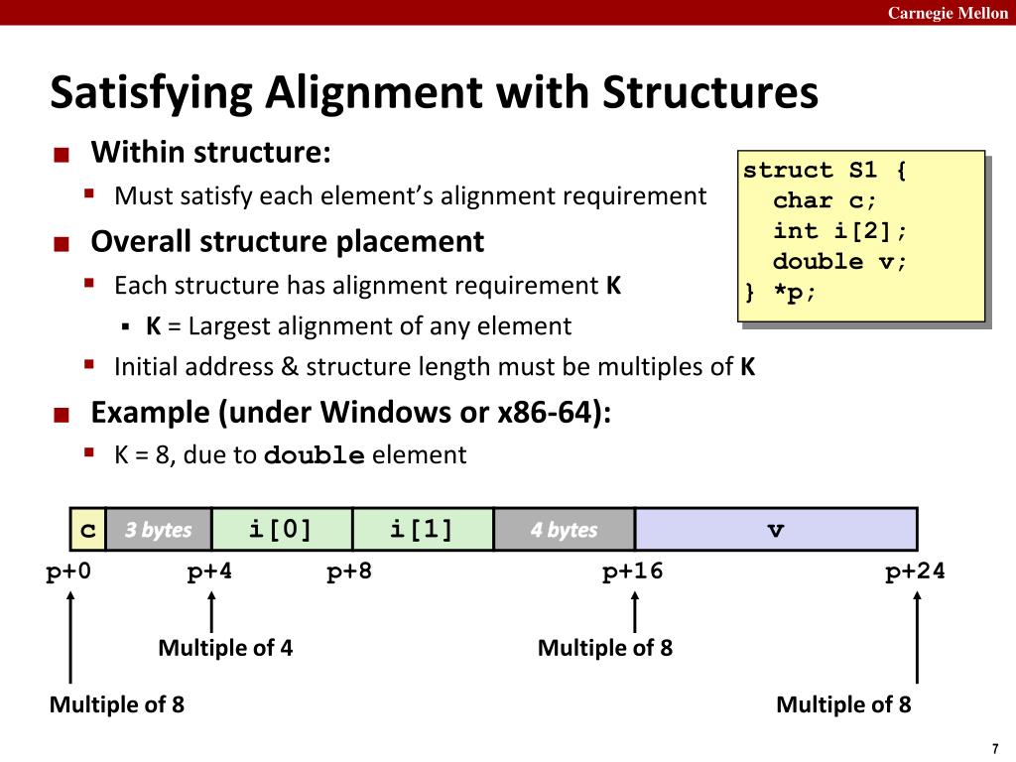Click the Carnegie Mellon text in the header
[948, 13]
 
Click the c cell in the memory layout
[88, 530]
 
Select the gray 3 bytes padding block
[159, 530]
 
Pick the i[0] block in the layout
[281, 529]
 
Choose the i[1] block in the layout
[422, 529]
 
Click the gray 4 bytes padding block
[564, 530]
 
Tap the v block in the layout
[776, 530]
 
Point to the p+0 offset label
[68, 571]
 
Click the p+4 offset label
[210, 571]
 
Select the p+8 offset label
[350, 571]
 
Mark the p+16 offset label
[633, 571]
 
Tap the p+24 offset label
[915, 571]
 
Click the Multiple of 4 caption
[225, 648]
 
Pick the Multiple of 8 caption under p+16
[605, 648]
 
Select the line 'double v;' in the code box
[840, 262]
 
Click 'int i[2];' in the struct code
[840, 231]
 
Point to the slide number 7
[993, 747]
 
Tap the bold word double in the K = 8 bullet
[315, 455]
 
